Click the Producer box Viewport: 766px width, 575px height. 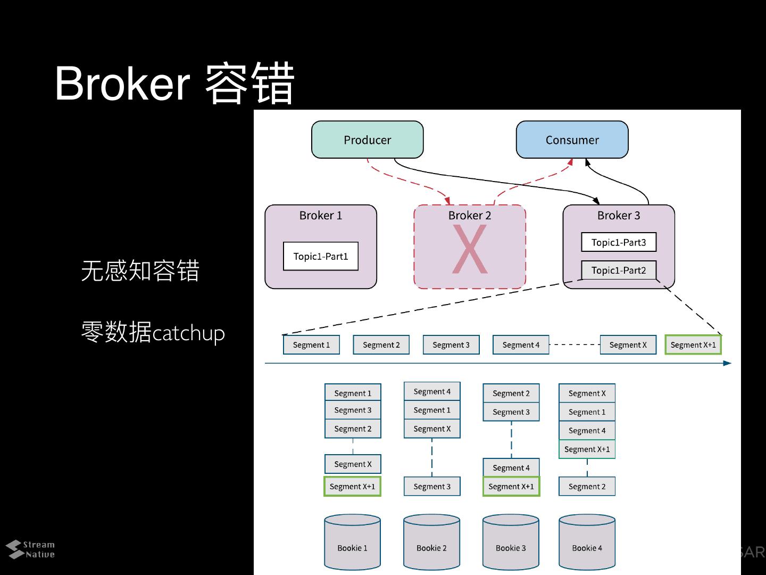pos(367,139)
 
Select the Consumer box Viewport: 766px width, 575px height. pos(572,139)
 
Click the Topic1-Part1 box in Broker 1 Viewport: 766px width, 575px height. pos(320,256)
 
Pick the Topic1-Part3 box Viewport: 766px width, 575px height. pos(618,242)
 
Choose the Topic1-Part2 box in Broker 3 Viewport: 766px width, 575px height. pos(618,270)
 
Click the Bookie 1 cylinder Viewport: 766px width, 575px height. pos(352,543)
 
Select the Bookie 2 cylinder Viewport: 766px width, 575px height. pos(431,543)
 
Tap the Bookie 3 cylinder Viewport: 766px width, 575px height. pos(511,543)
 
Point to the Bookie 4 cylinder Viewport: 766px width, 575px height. pos(587,543)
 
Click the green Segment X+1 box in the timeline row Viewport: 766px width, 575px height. pos(693,344)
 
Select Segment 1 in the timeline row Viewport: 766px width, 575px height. pos(311,344)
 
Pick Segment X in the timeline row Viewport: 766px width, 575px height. pos(628,344)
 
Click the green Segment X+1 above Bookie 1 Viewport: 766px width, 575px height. pos(352,486)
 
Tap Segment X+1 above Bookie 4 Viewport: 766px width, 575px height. pos(587,449)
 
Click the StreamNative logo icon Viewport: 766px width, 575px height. pos(15,549)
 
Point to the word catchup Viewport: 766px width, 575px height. pos(188,333)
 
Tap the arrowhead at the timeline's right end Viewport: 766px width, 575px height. pos(727,363)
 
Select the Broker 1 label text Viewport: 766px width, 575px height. pos(320,215)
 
